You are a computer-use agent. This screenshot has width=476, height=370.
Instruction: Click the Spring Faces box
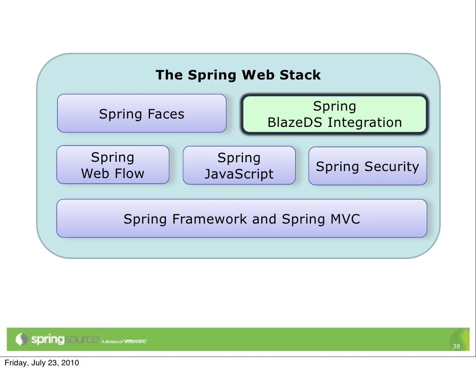click(142, 113)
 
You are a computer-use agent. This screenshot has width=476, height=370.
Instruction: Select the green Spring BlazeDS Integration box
click(334, 115)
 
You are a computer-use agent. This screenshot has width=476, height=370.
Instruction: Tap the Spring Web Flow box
click(113, 165)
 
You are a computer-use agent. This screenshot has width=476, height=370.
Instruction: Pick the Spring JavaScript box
click(239, 166)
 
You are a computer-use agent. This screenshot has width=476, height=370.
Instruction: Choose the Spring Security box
click(367, 166)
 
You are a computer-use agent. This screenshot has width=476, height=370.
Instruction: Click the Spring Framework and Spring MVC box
click(242, 218)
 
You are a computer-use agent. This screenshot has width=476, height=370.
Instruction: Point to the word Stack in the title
click(301, 75)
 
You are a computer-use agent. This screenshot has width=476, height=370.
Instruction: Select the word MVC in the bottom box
click(345, 219)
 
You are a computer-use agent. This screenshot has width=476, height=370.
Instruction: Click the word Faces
click(166, 114)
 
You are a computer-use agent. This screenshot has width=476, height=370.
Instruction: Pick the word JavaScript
click(239, 174)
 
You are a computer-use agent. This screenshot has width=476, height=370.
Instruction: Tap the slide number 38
click(456, 347)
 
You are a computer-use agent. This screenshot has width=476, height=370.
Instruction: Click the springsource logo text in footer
click(65, 340)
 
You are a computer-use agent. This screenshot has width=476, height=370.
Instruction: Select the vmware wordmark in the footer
click(135, 341)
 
